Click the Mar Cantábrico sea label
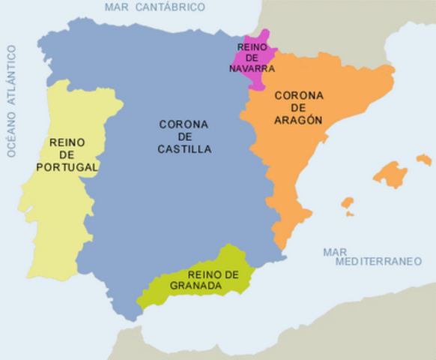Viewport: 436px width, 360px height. pyautogui.click(x=154, y=7)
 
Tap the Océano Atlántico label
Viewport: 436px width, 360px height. pyautogui.click(x=11, y=100)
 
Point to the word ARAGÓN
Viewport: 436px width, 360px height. pyautogui.click(x=298, y=119)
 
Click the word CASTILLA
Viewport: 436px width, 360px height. pyautogui.click(x=184, y=149)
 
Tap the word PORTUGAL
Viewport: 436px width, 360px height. pyautogui.click(x=68, y=166)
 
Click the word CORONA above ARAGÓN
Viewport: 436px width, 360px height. pyautogui.click(x=298, y=95)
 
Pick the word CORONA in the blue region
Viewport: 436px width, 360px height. pyautogui.click(x=184, y=124)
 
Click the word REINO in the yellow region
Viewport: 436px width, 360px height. pyautogui.click(x=67, y=142)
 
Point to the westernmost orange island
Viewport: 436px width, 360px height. pyautogui.click(x=347, y=203)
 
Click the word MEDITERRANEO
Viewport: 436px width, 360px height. pyautogui.click(x=374, y=263)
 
